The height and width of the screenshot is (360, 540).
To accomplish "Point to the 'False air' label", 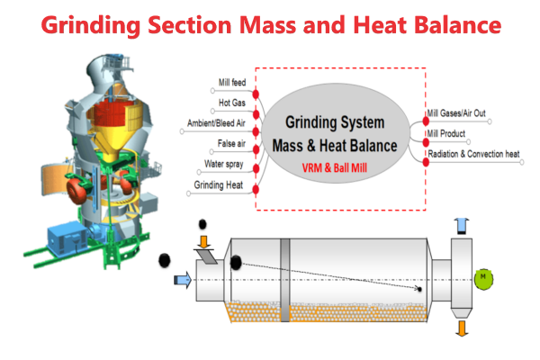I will [x=230, y=144].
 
